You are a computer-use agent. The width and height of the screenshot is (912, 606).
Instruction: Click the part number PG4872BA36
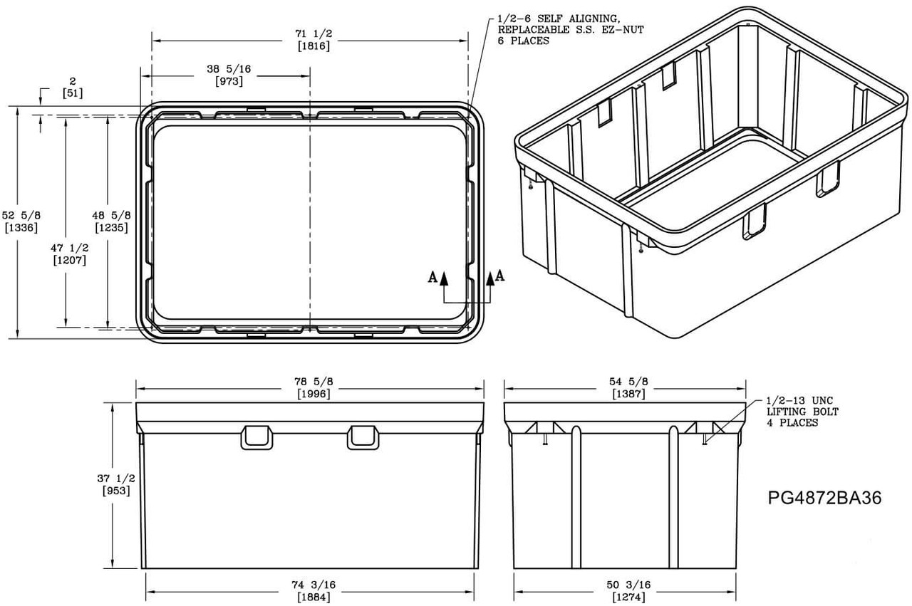824,498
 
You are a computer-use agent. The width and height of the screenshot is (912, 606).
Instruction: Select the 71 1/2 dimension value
311,33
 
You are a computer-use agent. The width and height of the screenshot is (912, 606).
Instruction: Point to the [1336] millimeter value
21,228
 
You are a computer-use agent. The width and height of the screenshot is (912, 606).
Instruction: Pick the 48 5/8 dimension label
111,215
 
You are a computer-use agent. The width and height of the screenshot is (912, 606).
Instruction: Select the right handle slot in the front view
363,437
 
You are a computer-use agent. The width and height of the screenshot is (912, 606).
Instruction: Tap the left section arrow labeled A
443,278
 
